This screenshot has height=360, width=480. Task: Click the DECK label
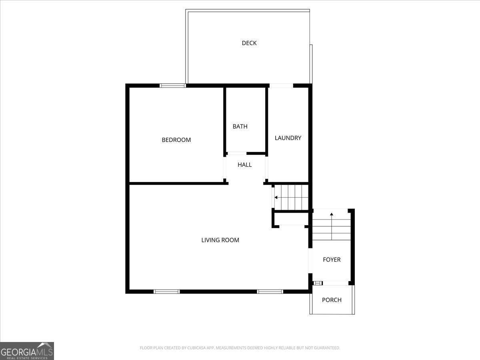(249, 43)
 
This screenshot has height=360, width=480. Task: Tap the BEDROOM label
(176, 140)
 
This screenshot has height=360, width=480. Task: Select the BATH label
(240, 126)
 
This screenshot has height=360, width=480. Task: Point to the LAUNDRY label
(288, 138)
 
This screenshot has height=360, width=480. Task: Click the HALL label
(245, 164)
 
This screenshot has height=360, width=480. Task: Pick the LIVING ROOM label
(220, 240)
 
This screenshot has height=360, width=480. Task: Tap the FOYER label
(332, 260)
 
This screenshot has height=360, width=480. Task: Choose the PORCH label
(332, 300)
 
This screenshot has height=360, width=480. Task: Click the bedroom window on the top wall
(173, 85)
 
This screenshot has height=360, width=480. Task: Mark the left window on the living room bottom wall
(167, 292)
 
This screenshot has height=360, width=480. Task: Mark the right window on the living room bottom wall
(270, 292)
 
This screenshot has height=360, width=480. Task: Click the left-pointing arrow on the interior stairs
(276, 197)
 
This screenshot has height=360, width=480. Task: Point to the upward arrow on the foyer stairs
(332, 215)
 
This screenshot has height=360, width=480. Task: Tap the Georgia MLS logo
(27, 351)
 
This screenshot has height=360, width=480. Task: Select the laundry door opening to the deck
(281, 85)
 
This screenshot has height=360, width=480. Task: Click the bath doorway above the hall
(236, 153)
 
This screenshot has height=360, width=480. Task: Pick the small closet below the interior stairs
(291, 219)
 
